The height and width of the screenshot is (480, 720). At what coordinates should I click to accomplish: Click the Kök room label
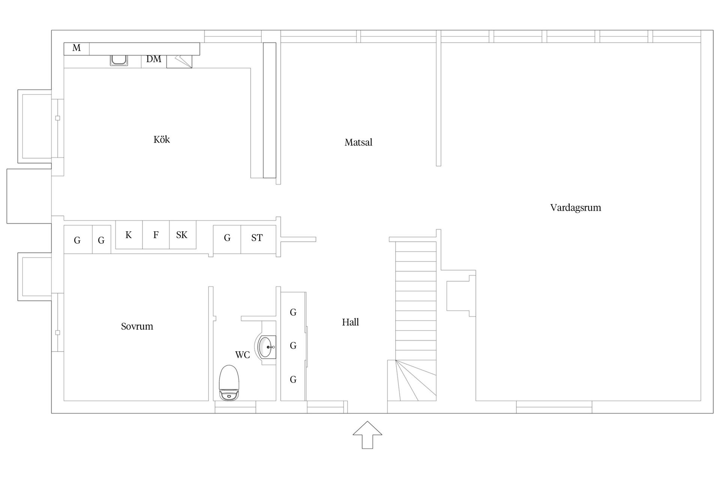click(162, 139)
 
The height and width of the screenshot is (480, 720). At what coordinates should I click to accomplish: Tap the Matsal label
click(358, 142)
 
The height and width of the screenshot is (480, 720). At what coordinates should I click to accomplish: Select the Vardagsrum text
click(576, 208)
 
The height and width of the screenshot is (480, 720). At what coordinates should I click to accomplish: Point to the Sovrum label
click(137, 326)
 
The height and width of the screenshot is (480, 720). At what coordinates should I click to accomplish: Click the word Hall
click(350, 322)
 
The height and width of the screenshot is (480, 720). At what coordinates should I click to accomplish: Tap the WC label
click(242, 355)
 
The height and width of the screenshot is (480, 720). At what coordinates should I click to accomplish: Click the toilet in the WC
click(229, 383)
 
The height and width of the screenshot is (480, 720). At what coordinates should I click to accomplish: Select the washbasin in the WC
click(266, 347)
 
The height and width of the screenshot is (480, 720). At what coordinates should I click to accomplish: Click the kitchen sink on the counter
click(119, 60)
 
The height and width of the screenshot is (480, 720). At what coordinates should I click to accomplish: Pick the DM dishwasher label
click(154, 59)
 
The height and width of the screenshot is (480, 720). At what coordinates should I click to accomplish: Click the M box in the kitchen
click(76, 49)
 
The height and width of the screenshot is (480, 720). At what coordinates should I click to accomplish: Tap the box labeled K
click(129, 235)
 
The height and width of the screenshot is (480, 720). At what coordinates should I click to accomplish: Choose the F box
click(156, 235)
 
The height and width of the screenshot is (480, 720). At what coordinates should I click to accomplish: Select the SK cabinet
click(183, 235)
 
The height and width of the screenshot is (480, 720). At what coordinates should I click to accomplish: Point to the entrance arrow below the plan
click(367, 435)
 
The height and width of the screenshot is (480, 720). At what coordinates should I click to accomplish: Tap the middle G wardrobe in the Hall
click(293, 346)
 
